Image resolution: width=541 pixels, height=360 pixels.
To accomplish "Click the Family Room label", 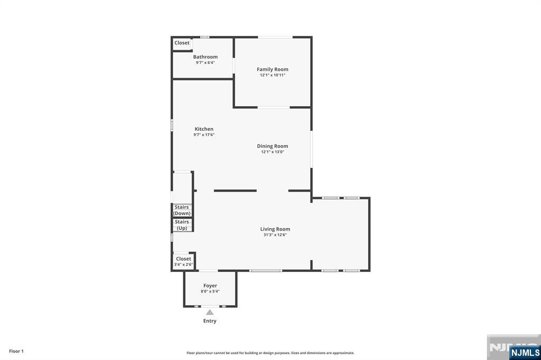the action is tap(272, 69).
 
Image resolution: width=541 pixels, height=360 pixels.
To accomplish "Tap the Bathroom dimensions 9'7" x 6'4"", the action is tap(206, 63).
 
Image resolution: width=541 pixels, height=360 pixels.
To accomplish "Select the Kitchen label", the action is tap(204, 129).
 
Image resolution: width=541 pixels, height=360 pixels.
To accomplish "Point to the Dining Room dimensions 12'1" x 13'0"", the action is tap(272, 151).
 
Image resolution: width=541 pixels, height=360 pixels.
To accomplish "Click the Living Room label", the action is tap(275, 229).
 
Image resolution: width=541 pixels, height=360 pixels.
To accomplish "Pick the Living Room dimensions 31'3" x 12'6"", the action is tap(275, 235).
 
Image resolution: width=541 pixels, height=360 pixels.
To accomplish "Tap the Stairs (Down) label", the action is tap(182, 210).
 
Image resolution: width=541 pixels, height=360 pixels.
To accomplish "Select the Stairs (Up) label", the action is tap(182, 225).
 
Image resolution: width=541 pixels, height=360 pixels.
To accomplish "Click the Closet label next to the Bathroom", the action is tap(182, 43).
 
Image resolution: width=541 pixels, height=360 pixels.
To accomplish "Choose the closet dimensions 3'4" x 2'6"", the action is tap(183, 264).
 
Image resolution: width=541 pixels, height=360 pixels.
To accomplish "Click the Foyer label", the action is tap(210, 286).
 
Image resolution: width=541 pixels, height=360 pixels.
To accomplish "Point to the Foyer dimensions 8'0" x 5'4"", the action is tap(210, 291).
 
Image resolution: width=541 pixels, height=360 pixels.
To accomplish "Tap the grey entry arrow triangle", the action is tap(210, 312).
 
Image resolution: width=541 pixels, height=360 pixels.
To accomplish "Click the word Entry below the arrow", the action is tap(210, 321).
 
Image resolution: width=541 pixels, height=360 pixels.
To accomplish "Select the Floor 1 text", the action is tap(16, 351).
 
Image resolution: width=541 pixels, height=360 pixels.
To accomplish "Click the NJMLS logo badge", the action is tap(525, 352).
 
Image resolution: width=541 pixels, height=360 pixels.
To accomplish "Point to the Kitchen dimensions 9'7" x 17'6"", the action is tap(204, 135).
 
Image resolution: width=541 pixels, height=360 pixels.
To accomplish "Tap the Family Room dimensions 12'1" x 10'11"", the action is tap(272, 75).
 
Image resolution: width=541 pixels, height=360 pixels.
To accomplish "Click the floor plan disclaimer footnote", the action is tap(270, 353).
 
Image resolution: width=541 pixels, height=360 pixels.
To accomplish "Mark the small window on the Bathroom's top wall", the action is tap(205, 37).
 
